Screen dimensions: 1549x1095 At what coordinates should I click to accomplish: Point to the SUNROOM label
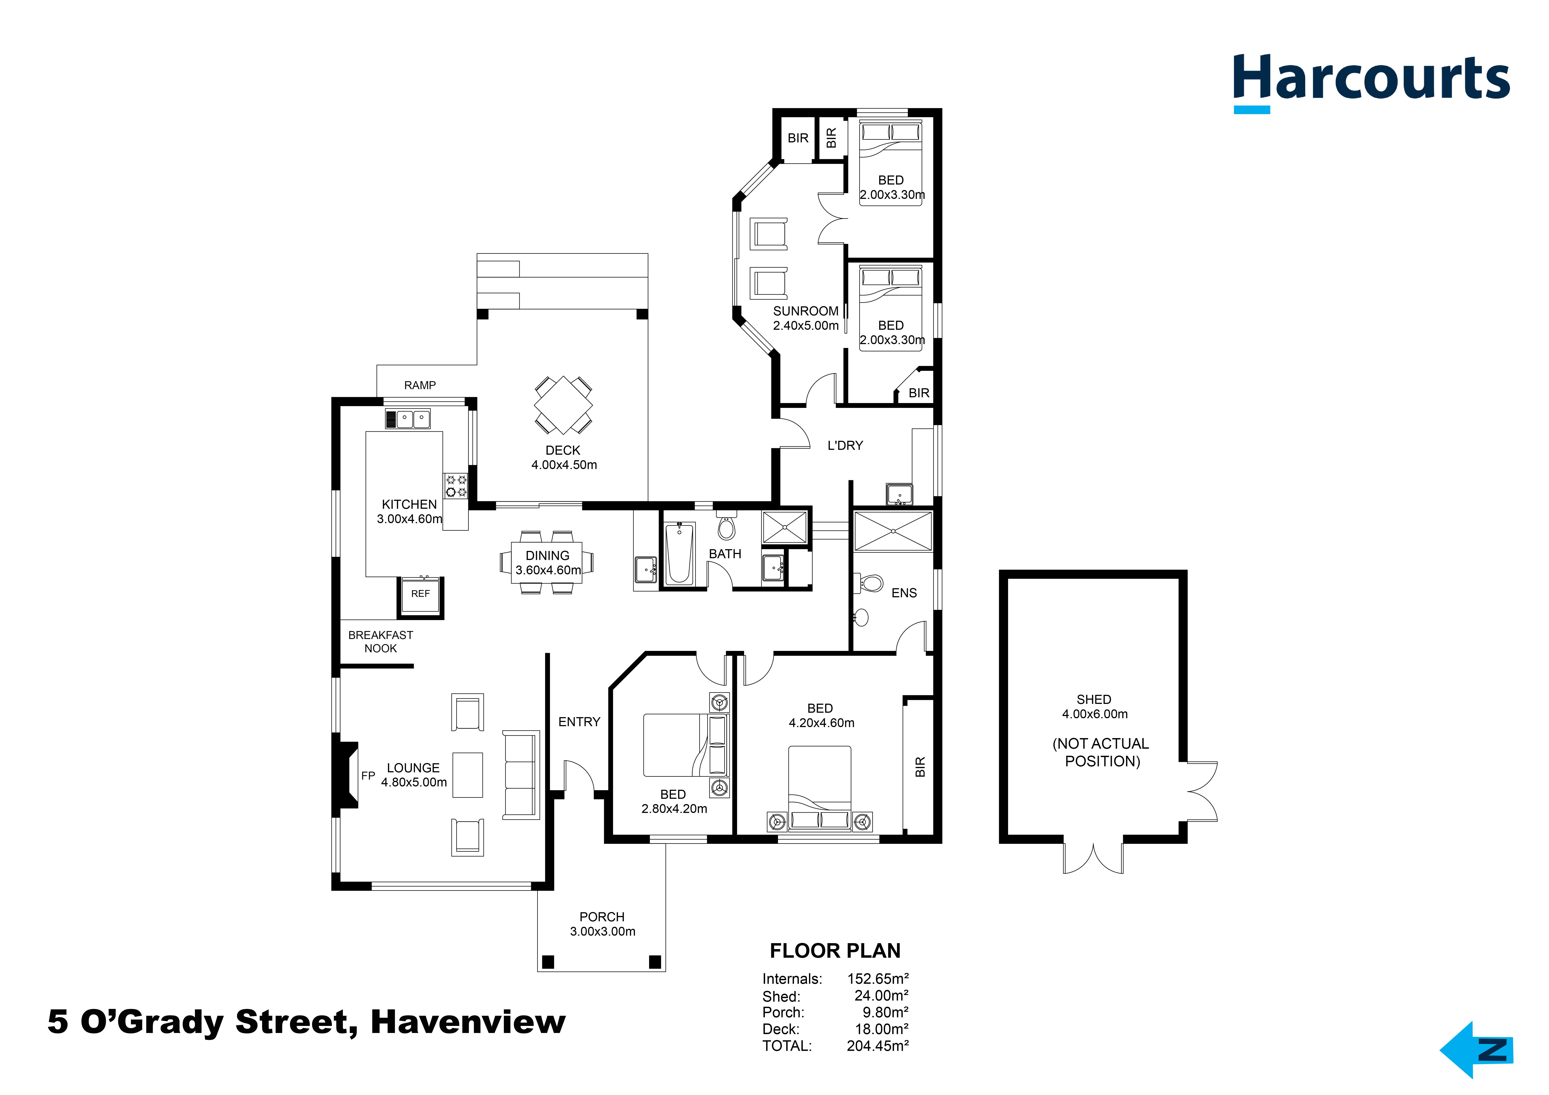tap(806, 311)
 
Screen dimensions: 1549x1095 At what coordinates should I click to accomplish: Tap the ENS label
tap(904, 593)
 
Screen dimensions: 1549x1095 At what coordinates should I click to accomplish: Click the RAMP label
tap(420, 385)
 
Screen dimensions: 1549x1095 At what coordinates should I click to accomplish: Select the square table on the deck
tap(563, 405)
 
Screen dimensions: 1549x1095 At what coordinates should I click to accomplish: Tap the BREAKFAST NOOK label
tap(380, 642)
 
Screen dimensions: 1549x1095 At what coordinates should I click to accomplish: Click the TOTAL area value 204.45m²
tap(878, 1046)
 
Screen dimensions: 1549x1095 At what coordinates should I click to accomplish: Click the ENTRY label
tap(579, 722)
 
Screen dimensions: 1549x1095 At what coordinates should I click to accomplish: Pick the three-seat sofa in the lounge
tap(521, 775)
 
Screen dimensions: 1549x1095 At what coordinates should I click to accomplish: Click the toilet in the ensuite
tap(870, 583)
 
